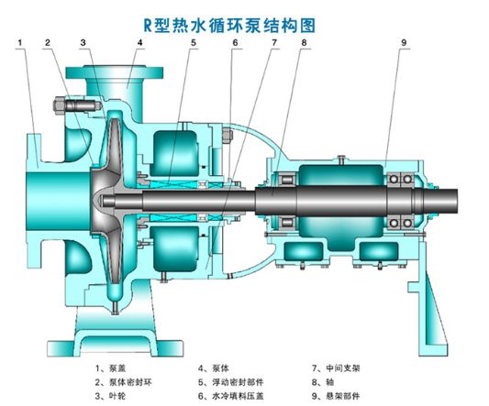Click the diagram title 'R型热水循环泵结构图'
[229, 26]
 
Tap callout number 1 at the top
[20, 42]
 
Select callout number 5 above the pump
[194, 42]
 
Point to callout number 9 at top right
[404, 42]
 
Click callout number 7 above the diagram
[274, 42]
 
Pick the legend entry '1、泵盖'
[110, 368]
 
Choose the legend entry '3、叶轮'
[110, 396]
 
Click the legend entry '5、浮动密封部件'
[231, 382]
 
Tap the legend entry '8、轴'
[323, 382]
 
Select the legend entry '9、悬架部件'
[336, 396]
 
